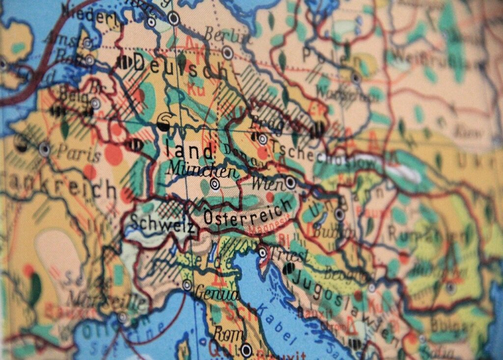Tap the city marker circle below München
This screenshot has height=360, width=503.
(x=215, y=184)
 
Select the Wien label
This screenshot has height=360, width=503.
(x=267, y=185)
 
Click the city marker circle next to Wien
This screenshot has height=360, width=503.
(x=290, y=183)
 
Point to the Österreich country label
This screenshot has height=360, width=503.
(x=248, y=214)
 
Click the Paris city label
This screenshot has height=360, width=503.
(x=79, y=153)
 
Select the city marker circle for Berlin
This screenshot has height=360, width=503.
(x=227, y=53)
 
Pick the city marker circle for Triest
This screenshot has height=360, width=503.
(x=263, y=253)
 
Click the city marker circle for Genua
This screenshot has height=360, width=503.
(x=187, y=284)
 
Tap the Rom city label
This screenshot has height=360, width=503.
(x=228, y=334)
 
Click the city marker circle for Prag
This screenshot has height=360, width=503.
(x=263, y=139)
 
